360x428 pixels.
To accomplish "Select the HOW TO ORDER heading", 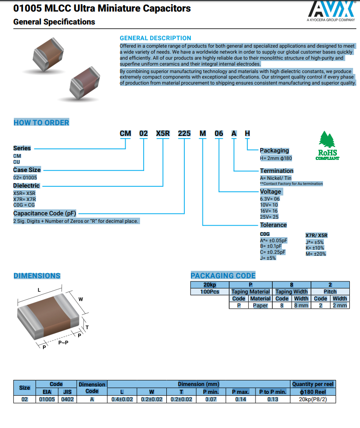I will [41, 122].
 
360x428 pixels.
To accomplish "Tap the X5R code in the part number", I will [163, 134].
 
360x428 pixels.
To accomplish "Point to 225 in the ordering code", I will [184, 134].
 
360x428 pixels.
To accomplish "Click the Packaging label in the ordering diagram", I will [274, 151].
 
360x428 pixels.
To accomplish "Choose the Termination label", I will [276, 171].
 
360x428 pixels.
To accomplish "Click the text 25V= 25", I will [269, 217].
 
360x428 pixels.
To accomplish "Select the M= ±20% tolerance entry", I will [316, 254].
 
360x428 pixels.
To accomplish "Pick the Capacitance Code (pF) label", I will [44, 214].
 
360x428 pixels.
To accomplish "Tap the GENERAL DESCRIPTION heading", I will [155, 38].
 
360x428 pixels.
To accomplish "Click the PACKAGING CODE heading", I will [223, 275].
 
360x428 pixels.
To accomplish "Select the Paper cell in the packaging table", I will [260, 306].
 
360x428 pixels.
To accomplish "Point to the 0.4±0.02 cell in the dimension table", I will [122, 399].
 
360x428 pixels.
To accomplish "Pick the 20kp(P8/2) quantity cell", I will [313, 399].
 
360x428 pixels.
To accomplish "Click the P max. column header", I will [241, 392].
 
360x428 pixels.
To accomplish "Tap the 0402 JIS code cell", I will [67, 399].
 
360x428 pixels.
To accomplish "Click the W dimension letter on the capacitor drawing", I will [80, 299].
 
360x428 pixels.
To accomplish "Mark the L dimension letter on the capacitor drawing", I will [39, 290].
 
